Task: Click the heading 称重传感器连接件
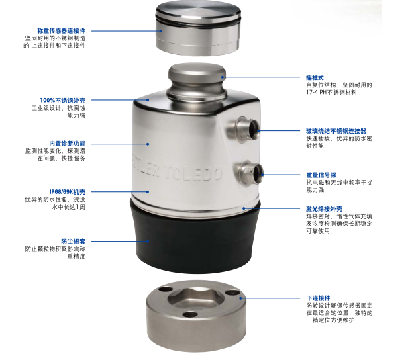pos(61,30)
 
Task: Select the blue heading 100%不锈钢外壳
pos(62,100)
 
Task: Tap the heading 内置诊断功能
pos(67,144)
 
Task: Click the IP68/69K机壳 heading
pos(67,192)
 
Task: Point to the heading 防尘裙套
pos(73,242)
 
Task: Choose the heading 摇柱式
pos(315,77)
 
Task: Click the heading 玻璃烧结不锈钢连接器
pos(336,131)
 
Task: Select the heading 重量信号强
pos(321,175)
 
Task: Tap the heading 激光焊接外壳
pos(324,209)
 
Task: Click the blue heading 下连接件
pos(318,298)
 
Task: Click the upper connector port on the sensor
pos(244,129)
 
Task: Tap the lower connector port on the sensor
pos(249,173)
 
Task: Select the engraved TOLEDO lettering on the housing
pos(193,173)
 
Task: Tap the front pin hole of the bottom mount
pos(190,314)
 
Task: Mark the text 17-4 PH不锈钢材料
pos(331,92)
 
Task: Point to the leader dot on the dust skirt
pos(148,242)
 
